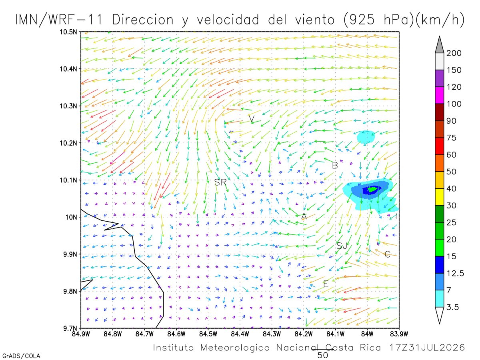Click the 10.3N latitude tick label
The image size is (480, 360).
pos(68,106)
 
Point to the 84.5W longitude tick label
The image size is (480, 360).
pos(208,334)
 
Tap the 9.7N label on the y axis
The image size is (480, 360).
pos(70,328)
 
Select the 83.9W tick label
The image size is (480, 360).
pos(399,334)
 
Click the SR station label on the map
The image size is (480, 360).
pos(220,182)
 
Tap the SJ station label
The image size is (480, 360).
pos(341,246)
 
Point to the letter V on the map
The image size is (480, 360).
pos(252,119)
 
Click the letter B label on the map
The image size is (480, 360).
pos(335,166)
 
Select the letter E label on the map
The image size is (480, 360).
pos(326,284)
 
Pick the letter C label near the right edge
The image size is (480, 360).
pos(387,254)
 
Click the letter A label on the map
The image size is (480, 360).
pos(304,216)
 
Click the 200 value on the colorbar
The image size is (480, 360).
pos(454,53)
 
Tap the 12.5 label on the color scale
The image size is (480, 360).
pos(455,274)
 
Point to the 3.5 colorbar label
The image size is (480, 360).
pos(452,307)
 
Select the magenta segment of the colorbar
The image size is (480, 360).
pos(439,95)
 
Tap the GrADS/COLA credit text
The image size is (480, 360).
pos(21,356)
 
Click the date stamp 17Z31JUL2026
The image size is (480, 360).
pos(427,348)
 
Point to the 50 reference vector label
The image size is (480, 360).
pos(322,356)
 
